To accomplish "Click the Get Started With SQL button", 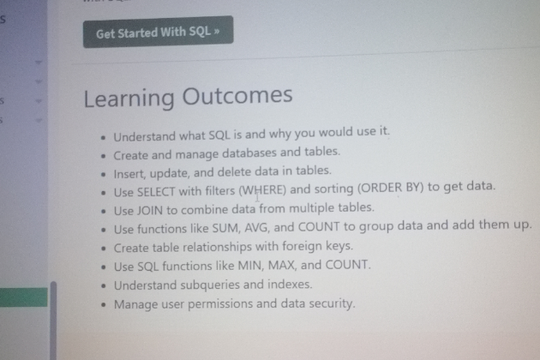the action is pyautogui.click(x=158, y=32).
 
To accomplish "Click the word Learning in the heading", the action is pyautogui.click(x=129, y=99).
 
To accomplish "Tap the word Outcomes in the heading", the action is pyautogui.click(x=237, y=95).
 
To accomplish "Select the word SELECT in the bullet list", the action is pyautogui.click(x=156, y=192).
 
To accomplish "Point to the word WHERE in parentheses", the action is pyautogui.click(x=262, y=190).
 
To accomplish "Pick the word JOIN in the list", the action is pyautogui.click(x=150, y=210).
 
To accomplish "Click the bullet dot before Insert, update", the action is pyautogui.click(x=104, y=174).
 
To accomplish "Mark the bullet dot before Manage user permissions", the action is pyautogui.click(x=104, y=305).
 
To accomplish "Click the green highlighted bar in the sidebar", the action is pyautogui.click(x=24, y=297).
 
